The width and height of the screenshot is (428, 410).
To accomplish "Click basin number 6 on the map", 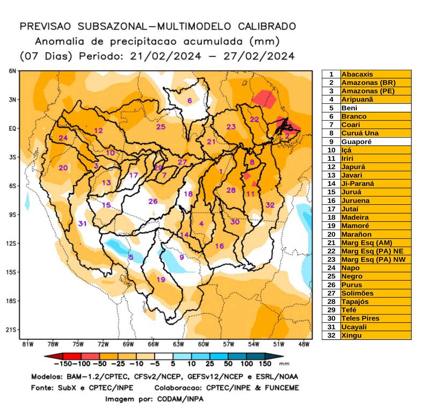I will (190, 101).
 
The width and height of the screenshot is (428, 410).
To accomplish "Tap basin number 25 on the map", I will (161, 127).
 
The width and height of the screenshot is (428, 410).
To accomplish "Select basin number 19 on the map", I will (161, 279).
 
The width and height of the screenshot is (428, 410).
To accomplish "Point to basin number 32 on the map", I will (270, 205).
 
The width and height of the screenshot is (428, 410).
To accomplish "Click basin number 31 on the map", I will (82, 223).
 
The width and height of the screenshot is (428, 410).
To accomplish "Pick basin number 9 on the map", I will (182, 257).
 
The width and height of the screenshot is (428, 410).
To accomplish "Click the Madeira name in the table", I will (355, 217).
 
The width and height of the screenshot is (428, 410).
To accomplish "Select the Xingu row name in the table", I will (351, 335).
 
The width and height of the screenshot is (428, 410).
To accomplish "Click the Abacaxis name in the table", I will (357, 74).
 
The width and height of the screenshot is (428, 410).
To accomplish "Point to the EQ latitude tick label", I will (12, 129).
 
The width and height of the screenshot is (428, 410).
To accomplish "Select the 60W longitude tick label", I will (203, 344).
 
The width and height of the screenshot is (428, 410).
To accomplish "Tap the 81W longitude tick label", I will (28, 344).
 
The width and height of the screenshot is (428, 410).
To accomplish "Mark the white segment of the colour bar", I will (164, 356).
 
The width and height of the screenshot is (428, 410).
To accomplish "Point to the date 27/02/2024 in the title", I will (259, 56).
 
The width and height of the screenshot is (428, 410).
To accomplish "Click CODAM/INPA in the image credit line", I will (180, 399).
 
